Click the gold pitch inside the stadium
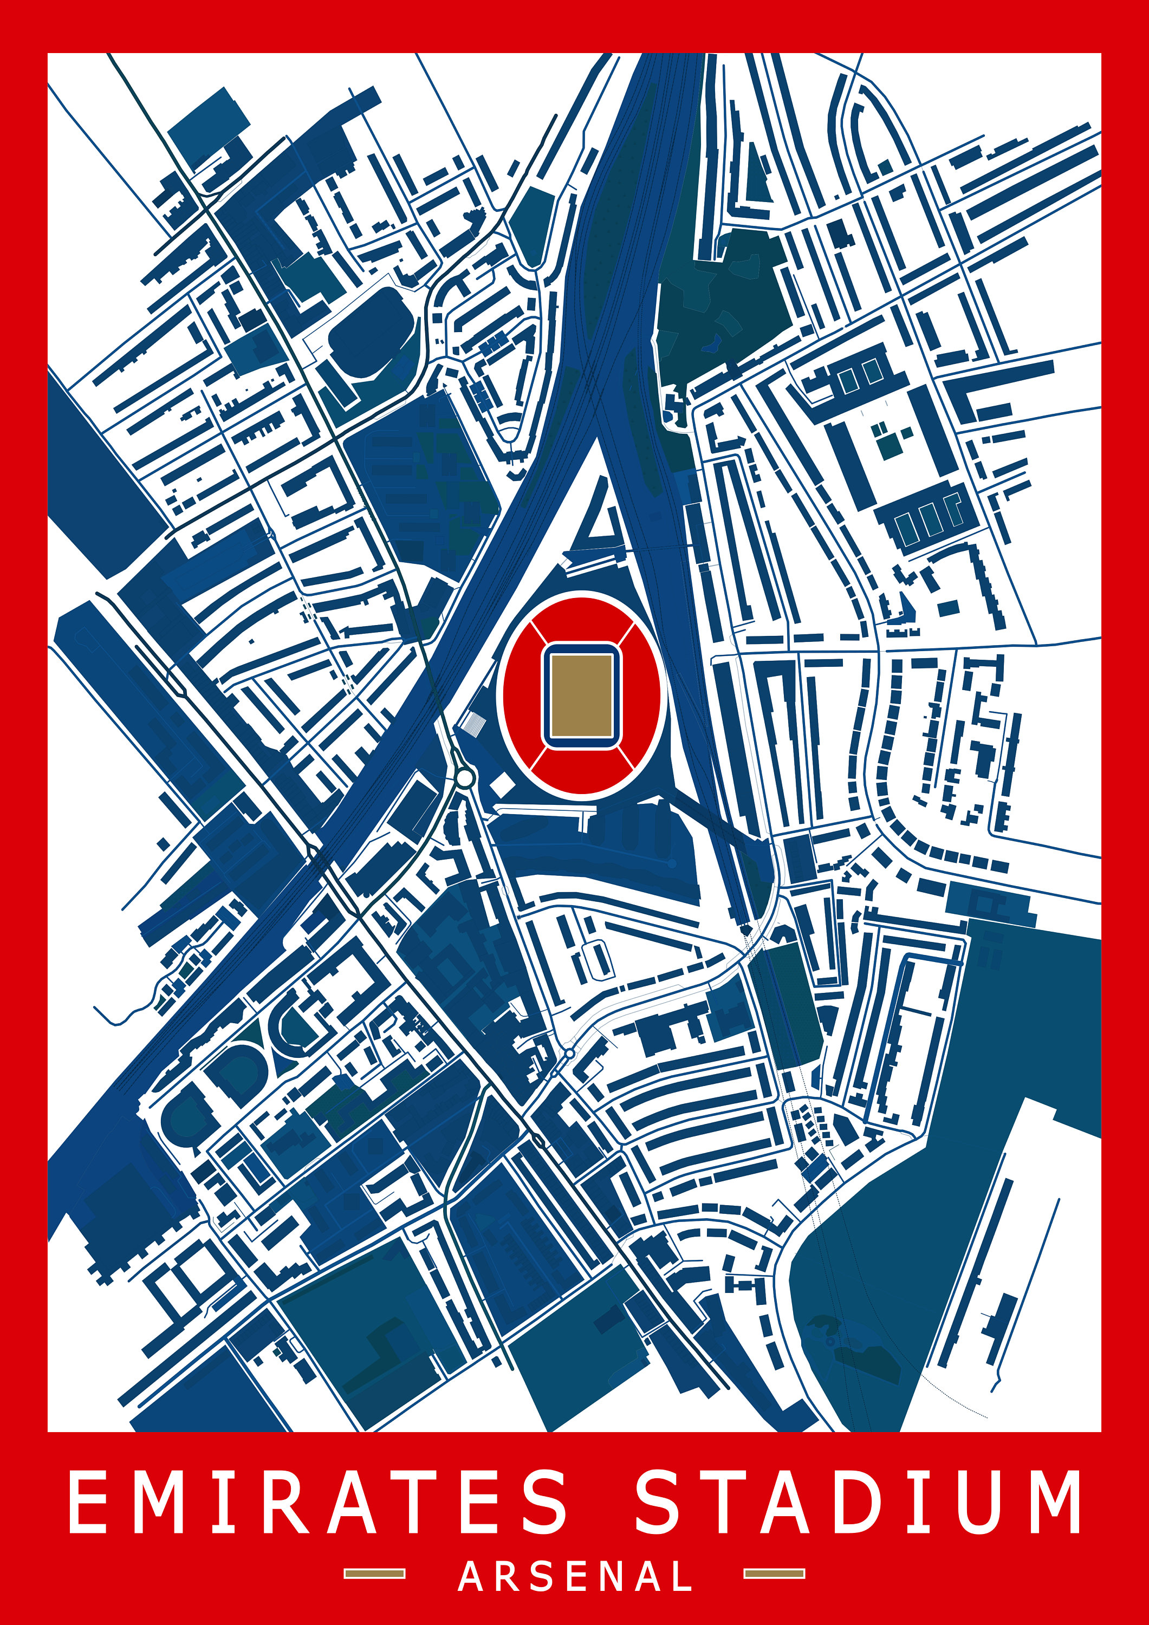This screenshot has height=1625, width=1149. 581,695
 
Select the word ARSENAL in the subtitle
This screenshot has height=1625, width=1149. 575,1576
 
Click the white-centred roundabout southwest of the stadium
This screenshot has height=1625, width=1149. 464,778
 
